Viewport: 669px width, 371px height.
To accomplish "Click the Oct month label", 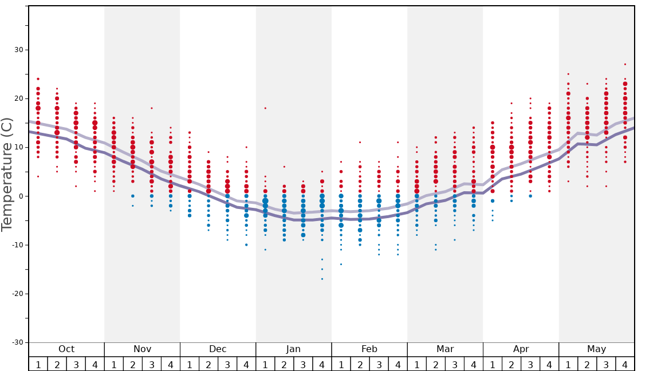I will [66, 349].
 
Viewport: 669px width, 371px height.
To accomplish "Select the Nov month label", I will [142, 349].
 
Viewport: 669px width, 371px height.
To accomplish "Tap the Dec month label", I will [218, 349].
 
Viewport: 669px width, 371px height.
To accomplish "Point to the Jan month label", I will [293, 349].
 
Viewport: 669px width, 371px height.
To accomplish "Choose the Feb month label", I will [369, 349].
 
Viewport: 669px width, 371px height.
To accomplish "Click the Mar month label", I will [445, 349].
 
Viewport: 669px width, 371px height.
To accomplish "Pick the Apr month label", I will [521, 349].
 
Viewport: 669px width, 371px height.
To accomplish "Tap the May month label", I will [596, 349].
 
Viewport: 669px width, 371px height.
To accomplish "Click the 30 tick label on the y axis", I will [19, 50].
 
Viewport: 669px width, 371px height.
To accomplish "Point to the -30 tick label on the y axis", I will [17, 342].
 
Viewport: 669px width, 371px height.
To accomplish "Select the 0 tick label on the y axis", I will [21, 196].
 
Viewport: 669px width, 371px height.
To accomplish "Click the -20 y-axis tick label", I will [17, 294].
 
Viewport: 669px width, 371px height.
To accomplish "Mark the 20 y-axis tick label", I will [19, 98].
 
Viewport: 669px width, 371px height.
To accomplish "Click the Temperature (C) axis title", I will [7, 174].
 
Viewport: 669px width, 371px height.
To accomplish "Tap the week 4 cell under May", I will [625, 364].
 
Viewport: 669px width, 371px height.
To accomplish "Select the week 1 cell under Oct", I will [38, 364].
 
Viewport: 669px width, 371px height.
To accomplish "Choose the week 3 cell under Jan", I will [303, 364].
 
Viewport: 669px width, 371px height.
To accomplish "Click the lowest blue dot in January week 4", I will [322, 279].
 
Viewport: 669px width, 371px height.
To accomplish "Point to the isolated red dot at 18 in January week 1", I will [265, 108].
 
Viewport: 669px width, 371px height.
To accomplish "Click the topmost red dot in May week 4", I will [625, 64].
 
